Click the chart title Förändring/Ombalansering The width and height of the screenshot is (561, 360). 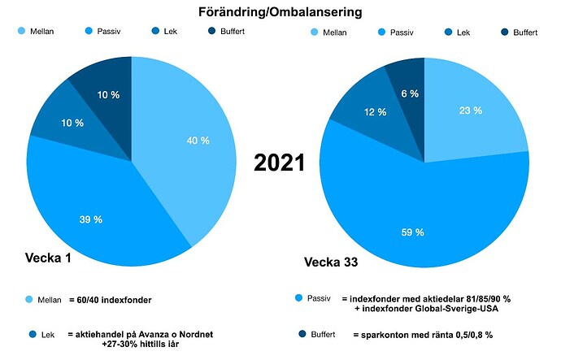pos(280,12)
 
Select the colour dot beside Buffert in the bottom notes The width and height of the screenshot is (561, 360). pos(302,334)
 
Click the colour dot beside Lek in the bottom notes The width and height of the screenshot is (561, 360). pos(31,334)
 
